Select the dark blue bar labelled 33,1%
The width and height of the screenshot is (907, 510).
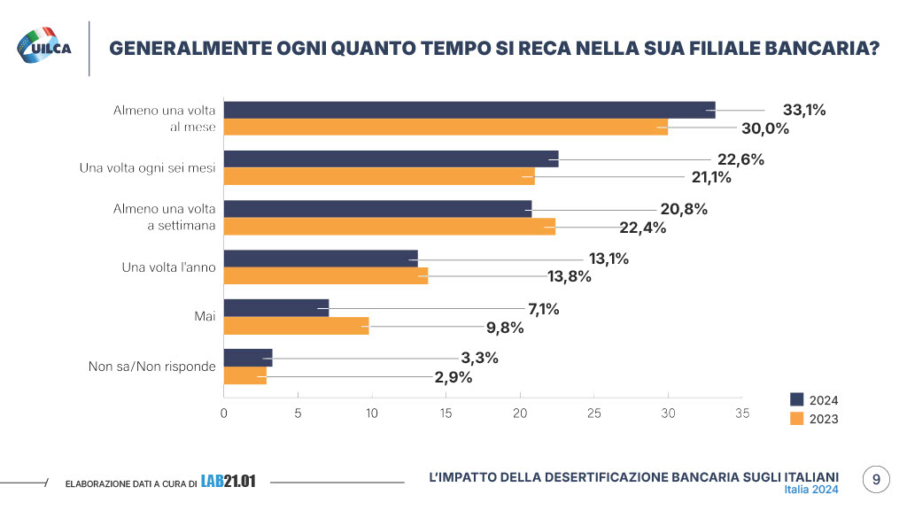(x=469, y=110)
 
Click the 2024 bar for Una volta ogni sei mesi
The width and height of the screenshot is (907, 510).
(x=391, y=159)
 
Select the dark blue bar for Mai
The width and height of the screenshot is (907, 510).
(x=276, y=308)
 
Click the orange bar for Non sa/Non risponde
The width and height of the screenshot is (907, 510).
(x=245, y=376)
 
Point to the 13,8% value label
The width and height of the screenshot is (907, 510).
(x=569, y=277)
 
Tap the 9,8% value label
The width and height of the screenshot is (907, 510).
(x=505, y=327)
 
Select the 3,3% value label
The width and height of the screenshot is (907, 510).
(x=480, y=358)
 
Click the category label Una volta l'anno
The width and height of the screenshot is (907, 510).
(x=167, y=267)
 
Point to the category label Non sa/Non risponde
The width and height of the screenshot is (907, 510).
(x=152, y=367)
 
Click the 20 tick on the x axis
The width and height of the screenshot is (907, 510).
(x=520, y=413)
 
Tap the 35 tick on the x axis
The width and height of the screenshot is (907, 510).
(x=742, y=413)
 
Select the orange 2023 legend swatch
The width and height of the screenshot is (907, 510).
(x=796, y=419)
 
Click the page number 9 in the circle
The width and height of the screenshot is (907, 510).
(x=876, y=479)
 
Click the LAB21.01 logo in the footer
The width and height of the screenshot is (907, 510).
(x=228, y=482)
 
